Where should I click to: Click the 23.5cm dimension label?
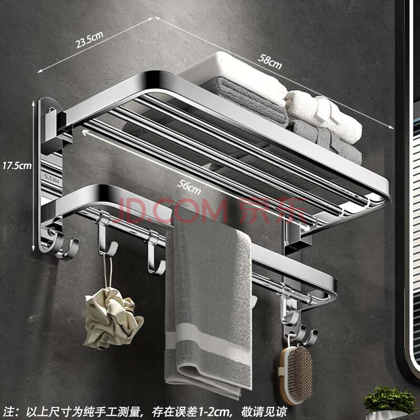pos(89,40)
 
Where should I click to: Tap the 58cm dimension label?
pos(270,61)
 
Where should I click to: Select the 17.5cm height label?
pos(17,165)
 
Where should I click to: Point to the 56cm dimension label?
pos(189,187)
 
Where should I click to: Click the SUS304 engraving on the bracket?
pos(51,179)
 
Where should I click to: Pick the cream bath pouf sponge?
pos(112,318)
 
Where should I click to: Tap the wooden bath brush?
pos(296,374)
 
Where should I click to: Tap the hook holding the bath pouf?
pos(106,238)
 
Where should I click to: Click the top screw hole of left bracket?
pos(51,110)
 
